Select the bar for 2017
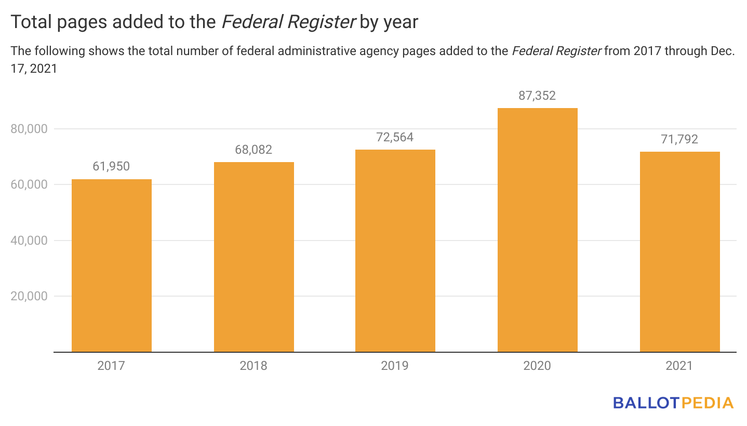(111, 265)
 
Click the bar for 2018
(254, 257)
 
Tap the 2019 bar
(395, 251)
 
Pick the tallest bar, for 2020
(537, 230)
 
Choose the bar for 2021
(679, 252)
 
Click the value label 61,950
(111, 167)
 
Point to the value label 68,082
(254, 150)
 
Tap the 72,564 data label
(395, 137)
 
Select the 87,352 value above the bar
(537, 96)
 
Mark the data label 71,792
(679, 139)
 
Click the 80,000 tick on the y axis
(29, 129)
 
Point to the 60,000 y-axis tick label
(29, 184)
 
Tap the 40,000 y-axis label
(29, 241)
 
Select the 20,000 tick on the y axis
(29, 296)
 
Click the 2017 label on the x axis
(111, 366)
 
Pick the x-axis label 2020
(537, 366)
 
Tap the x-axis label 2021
(679, 366)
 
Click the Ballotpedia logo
(673, 403)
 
